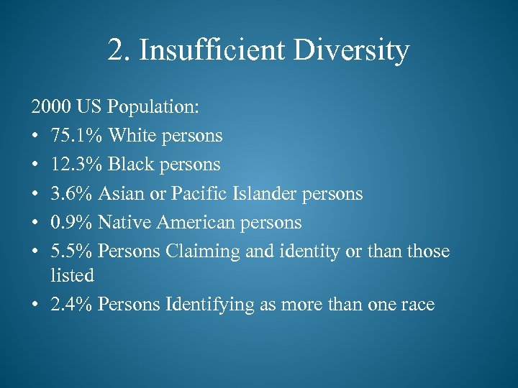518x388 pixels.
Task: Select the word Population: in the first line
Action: pyautogui.click(x=153, y=107)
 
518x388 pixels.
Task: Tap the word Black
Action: pyautogui.click(x=134, y=165)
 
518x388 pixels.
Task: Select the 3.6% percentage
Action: pyautogui.click(x=71, y=193)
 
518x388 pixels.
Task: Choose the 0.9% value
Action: pyautogui.click(x=71, y=222)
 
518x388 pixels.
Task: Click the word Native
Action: pyautogui.click(x=124, y=222)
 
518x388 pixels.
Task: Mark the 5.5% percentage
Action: pyautogui.click(x=71, y=251)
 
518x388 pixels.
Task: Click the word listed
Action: pyautogui.click(x=72, y=275)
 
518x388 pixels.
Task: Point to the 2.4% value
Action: pyautogui.click(x=71, y=304)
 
